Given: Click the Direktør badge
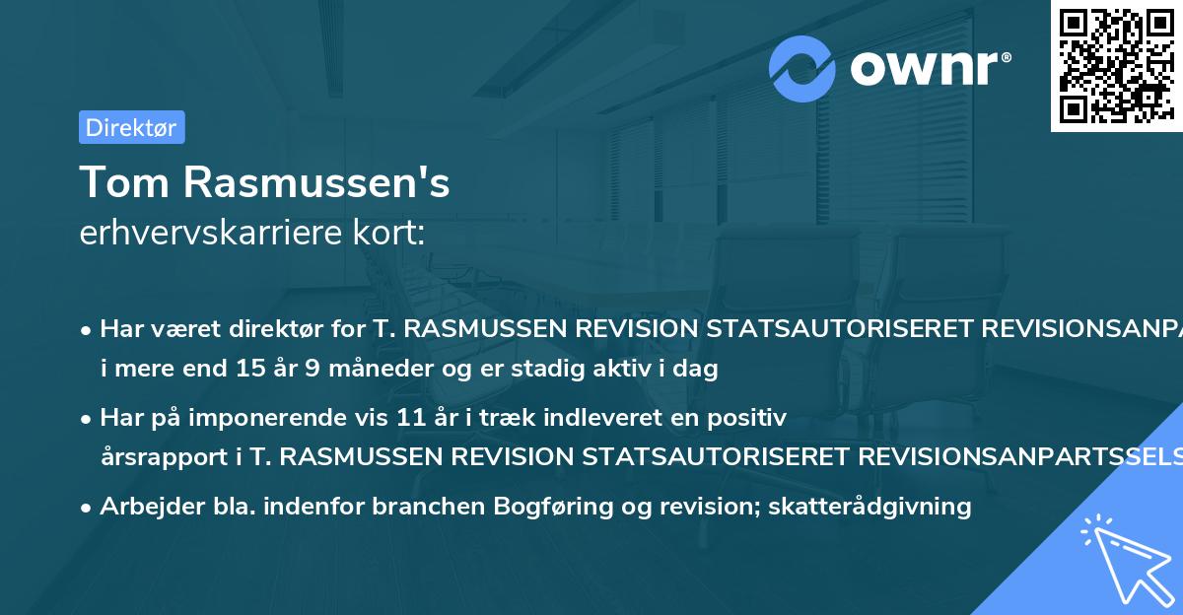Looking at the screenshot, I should coord(131,127).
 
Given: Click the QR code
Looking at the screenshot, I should coord(1116,65).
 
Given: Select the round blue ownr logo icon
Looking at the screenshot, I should coord(802,69).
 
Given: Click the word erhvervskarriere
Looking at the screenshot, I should coord(214,233).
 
